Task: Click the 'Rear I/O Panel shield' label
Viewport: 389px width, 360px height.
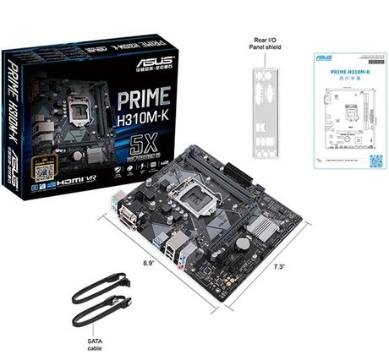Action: (x=266, y=43)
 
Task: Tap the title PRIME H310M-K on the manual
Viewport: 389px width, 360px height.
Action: (x=347, y=74)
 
